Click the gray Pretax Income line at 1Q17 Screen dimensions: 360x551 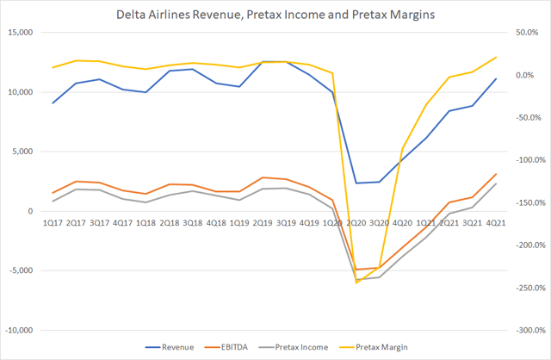pyautogui.click(x=53, y=202)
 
